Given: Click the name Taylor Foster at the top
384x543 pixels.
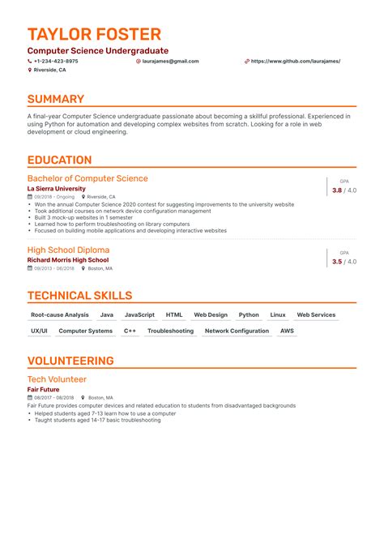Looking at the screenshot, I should pos(94,34).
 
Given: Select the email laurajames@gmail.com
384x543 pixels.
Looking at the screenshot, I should pos(170,61).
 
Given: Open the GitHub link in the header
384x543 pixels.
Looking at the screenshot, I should pos(295,61).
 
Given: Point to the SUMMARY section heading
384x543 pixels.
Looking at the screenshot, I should pos(56,99).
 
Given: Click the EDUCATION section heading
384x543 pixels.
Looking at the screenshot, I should pos(59,160).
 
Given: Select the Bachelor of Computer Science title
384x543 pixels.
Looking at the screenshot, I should pos(87,178).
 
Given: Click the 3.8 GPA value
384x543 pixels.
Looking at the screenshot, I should pos(337,190).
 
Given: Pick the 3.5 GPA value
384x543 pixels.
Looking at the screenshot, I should pos(337,262).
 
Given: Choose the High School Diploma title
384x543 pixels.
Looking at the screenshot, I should pos(68,250).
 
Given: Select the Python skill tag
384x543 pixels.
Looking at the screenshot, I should pos(249,314).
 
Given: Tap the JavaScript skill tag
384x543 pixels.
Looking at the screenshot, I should pos(139,314).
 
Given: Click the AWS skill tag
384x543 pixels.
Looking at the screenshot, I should pos(287,331).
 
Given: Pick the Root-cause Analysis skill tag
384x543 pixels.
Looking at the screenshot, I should pos(60,314).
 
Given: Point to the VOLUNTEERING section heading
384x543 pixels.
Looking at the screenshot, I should pos(70,361).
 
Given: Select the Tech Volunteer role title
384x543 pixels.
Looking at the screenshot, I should pos(57,379).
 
